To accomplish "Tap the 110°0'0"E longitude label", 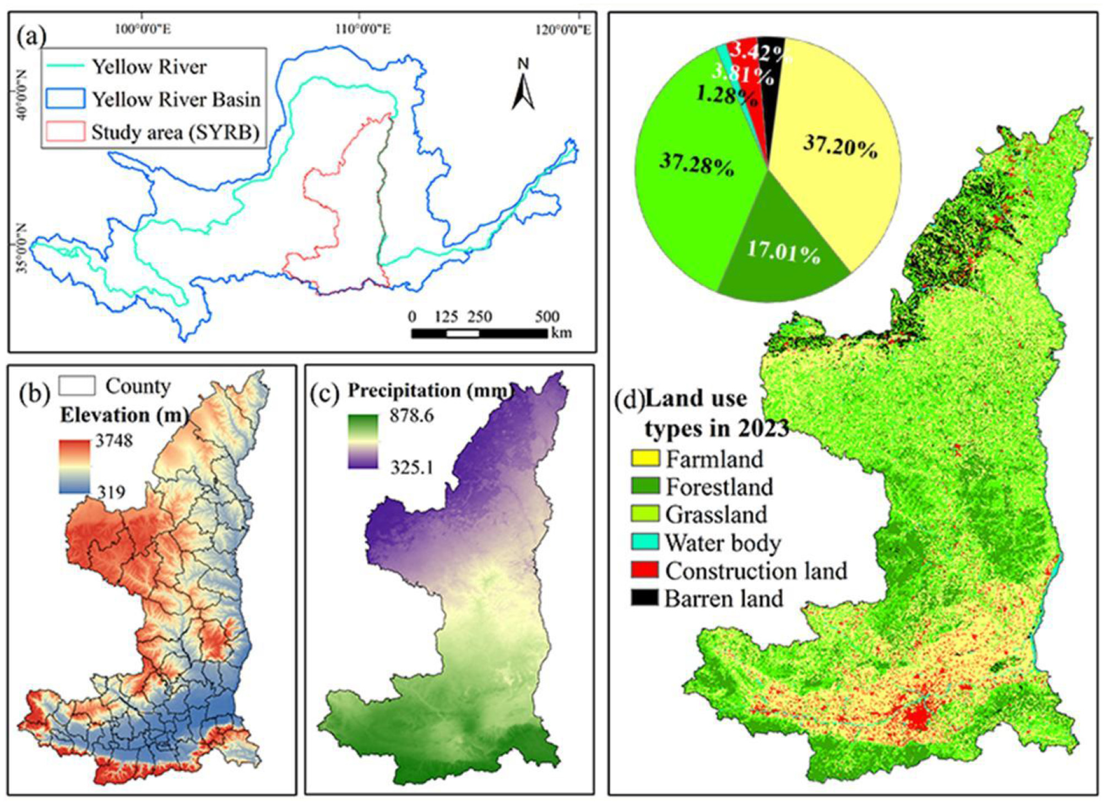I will point(363,29).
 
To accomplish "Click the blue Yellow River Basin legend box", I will point(66,99).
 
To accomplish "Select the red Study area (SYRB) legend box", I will point(66,132).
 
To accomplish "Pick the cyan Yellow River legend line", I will point(65,66).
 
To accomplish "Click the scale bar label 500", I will point(546,317).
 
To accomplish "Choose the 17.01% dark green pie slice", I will point(782,259).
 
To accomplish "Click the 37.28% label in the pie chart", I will point(696,164).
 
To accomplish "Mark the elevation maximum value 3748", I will point(114,441).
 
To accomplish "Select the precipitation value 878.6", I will point(411,416).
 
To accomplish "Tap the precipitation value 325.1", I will point(411,468).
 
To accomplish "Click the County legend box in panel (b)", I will point(77,386).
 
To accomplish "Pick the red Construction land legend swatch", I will point(644,570).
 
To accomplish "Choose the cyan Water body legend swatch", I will point(644,542).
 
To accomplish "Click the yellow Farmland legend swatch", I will point(644,458).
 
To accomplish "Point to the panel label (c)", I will point(325,394).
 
